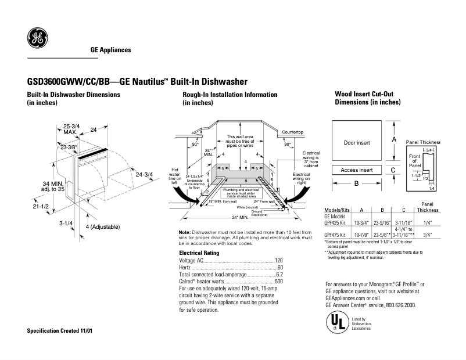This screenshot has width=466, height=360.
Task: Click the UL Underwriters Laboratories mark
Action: click(335, 322)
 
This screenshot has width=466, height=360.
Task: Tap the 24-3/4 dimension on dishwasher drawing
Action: click(144, 174)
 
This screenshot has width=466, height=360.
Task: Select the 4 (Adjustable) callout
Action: click(103, 226)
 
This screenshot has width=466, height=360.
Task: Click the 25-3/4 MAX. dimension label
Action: click(71, 129)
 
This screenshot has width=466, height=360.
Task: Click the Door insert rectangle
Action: click(356, 142)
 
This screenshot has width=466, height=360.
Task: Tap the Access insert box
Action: click(356, 170)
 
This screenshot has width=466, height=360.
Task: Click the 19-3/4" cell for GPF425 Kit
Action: click(362, 222)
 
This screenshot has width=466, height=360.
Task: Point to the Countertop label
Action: click(293, 132)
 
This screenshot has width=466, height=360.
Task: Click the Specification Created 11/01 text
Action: click(60, 330)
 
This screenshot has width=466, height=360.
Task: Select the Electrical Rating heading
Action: click(199, 253)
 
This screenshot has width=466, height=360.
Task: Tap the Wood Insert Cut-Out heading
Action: click(364, 94)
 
